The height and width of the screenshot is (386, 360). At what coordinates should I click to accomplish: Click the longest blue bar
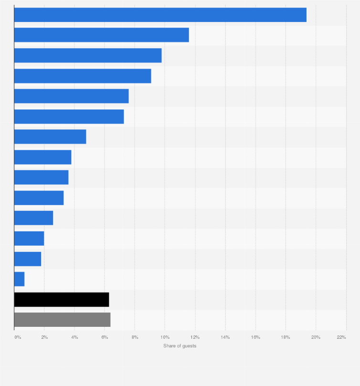click(160, 15)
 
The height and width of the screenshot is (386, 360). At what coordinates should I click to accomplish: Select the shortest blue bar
click(20, 279)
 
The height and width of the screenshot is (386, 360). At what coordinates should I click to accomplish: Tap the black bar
click(62, 300)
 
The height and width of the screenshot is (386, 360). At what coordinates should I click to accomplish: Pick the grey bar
click(62, 320)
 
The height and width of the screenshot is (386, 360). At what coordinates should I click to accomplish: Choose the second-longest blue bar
click(101, 35)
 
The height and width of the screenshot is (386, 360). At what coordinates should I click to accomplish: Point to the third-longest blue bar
click(88, 55)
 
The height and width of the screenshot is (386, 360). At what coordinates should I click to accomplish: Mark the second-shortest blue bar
click(28, 259)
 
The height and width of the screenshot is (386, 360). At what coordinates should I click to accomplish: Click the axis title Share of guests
click(180, 346)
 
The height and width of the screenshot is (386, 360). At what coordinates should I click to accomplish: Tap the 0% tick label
click(18, 337)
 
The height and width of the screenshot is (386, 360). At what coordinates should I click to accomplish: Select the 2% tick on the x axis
click(44, 337)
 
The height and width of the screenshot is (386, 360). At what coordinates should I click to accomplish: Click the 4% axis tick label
click(74, 337)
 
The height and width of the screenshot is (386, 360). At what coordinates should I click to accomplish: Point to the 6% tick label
click(105, 337)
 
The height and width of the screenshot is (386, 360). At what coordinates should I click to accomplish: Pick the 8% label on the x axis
click(135, 337)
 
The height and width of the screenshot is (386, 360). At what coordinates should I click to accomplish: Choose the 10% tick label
click(165, 337)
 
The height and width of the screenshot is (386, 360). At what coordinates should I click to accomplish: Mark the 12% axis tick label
click(195, 337)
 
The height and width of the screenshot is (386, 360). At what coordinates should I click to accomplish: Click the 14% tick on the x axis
click(225, 337)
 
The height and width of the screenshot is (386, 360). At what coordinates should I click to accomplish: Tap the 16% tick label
click(255, 337)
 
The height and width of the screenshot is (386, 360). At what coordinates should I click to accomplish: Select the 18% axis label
click(286, 337)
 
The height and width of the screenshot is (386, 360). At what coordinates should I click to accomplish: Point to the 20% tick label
click(316, 337)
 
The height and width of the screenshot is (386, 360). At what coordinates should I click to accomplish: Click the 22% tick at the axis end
click(341, 337)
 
